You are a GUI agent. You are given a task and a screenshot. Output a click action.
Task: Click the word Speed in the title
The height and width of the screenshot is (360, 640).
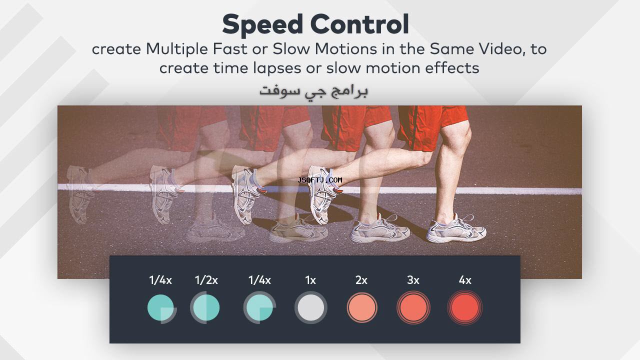click(x=262, y=25)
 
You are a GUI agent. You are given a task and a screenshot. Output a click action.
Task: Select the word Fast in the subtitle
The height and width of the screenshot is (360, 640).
click(x=229, y=49)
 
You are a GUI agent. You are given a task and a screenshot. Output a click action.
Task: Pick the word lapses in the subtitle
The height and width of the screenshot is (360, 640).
click(x=277, y=68)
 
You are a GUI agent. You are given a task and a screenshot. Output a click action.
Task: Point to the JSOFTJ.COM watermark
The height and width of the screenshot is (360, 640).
click(x=319, y=180)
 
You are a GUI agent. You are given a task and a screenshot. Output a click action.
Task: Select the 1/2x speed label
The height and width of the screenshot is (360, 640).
click(x=206, y=280)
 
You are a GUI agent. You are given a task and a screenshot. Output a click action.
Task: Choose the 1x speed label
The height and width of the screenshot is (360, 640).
click(x=310, y=280)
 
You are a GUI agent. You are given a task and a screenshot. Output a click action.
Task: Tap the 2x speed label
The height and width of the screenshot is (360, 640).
click(x=361, y=280)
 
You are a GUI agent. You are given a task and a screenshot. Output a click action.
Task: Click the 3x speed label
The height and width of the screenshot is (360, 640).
click(x=413, y=280)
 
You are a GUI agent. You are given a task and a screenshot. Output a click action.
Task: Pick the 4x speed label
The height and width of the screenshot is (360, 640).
click(x=465, y=280)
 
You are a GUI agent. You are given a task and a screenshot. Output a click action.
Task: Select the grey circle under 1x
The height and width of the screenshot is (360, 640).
click(x=311, y=307)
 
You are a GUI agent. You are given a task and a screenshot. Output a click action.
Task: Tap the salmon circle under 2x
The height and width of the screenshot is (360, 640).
click(x=362, y=307)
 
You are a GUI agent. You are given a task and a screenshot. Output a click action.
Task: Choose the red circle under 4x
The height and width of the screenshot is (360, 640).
click(x=465, y=307)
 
